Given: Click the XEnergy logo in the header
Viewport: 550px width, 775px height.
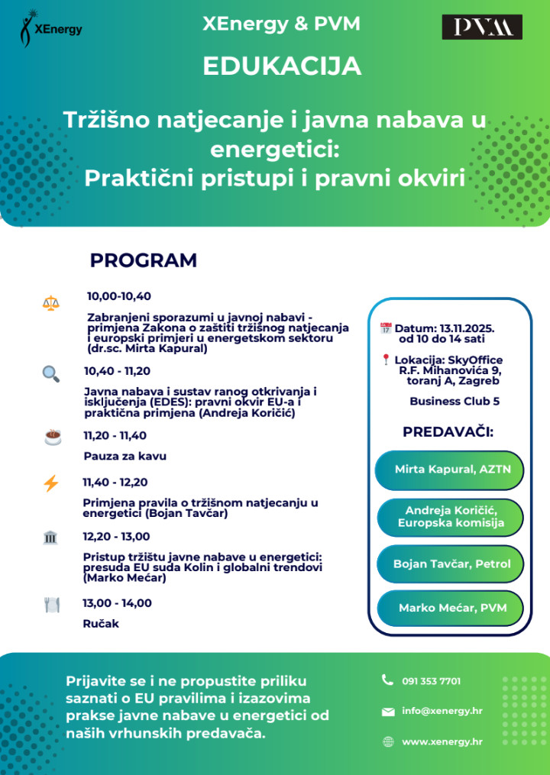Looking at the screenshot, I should (x=50, y=28).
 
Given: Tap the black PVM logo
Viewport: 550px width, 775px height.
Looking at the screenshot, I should (x=482, y=27).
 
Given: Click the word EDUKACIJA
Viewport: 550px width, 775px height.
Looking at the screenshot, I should (x=282, y=66).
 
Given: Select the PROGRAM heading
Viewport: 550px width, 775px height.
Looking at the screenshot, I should (x=144, y=260).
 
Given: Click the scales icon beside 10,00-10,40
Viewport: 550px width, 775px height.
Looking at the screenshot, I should (x=50, y=302).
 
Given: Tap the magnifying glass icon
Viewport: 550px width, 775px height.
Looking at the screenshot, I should (x=50, y=373).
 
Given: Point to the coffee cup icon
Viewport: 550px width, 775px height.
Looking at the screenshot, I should (x=52, y=437).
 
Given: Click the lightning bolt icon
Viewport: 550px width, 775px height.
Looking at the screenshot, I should (x=51, y=483).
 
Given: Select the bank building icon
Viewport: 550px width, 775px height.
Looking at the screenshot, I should (x=50, y=538).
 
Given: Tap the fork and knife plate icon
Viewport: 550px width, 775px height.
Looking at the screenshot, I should (x=51, y=605).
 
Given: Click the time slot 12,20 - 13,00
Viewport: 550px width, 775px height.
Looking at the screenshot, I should (x=116, y=537).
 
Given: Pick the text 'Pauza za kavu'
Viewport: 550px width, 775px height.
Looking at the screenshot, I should (x=125, y=456).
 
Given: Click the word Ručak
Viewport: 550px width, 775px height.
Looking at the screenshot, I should (x=101, y=623).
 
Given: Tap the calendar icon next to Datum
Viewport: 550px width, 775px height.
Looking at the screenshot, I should (x=386, y=328).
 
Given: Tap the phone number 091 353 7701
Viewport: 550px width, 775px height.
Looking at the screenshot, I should (x=431, y=681).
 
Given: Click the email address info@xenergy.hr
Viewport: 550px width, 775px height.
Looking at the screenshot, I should (x=442, y=711).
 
